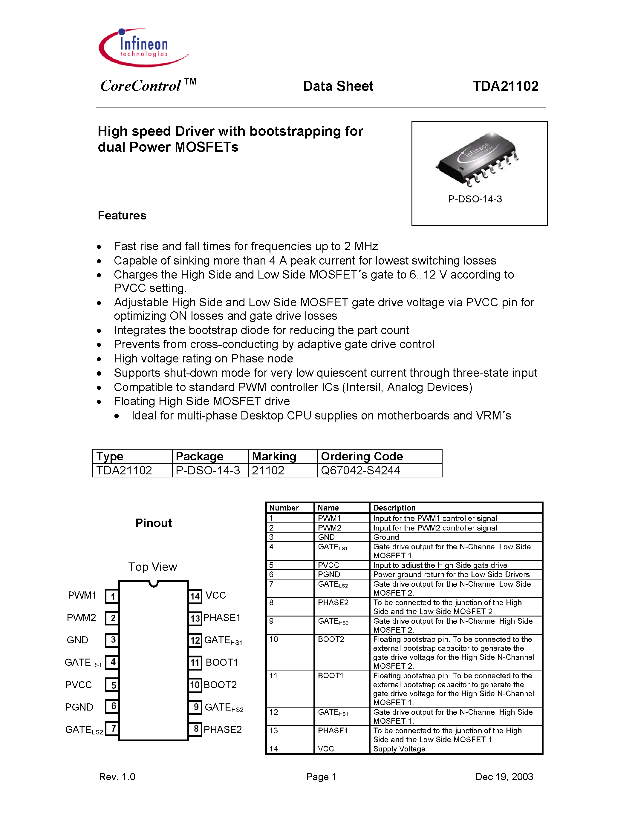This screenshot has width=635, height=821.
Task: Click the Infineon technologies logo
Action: tap(143, 48)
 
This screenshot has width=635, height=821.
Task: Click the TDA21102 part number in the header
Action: tap(505, 86)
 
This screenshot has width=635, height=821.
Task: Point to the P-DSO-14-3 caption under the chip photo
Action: tap(475, 199)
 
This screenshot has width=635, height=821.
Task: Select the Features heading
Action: tap(122, 215)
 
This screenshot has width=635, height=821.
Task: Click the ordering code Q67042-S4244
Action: tap(360, 470)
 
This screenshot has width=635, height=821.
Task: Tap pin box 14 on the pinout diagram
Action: tap(195, 596)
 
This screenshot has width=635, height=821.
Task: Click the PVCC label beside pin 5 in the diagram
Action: tap(79, 685)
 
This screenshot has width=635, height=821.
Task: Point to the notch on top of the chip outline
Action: tap(153, 583)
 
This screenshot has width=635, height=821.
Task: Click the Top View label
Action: tap(152, 567)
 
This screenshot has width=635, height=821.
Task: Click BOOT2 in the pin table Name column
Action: tap(331, 639)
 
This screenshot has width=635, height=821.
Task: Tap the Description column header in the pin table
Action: tap(394, 508)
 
